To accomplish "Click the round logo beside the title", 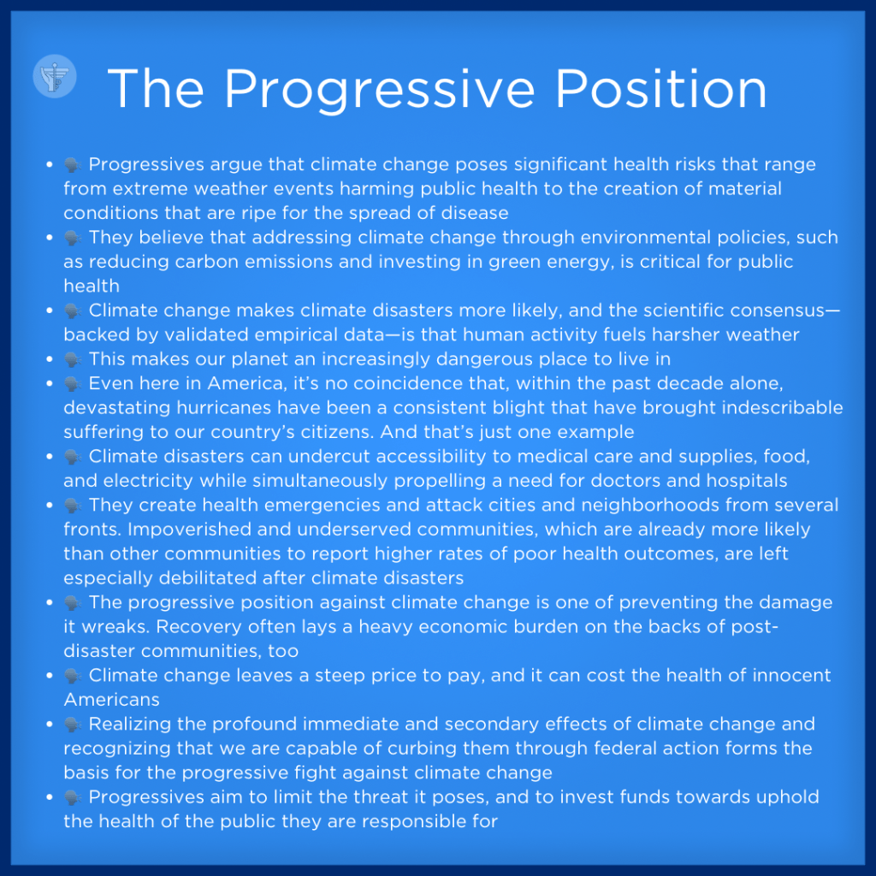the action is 55,76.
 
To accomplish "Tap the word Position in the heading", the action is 661,89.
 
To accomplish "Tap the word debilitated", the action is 208,578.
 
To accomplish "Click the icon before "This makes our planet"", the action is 73,359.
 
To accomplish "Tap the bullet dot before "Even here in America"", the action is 50,383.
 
